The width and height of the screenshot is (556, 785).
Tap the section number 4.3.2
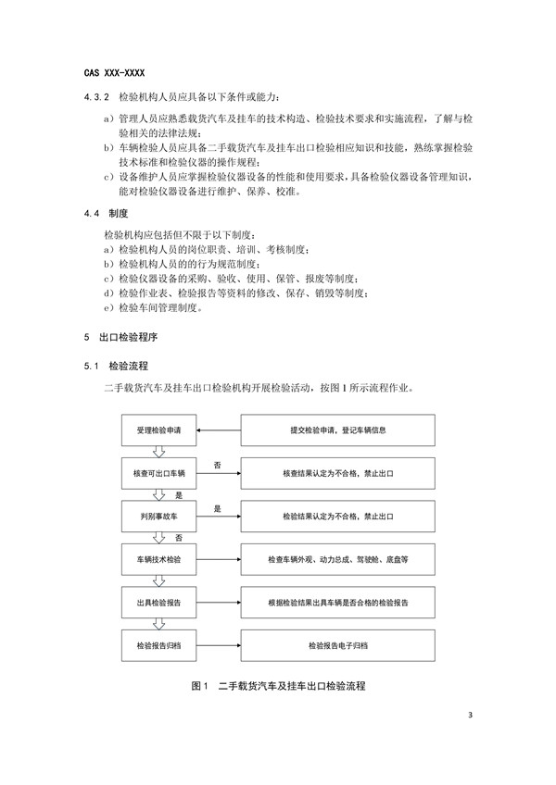coord(97,96)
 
